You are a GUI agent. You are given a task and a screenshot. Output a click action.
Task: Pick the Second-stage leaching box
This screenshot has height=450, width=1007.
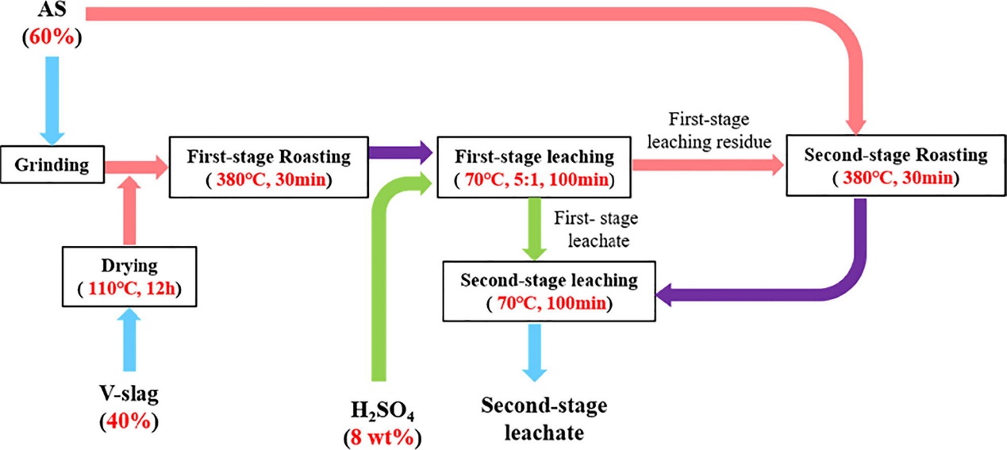(549, 290)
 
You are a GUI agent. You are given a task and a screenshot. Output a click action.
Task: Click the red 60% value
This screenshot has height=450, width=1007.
(52, 37)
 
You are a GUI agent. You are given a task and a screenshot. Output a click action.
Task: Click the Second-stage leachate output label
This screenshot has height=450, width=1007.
(544, 419)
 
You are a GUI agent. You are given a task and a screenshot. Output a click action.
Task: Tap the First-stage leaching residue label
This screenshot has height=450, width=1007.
(708, 131)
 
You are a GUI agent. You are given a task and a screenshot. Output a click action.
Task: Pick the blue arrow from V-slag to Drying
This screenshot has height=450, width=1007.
(130, 340)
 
